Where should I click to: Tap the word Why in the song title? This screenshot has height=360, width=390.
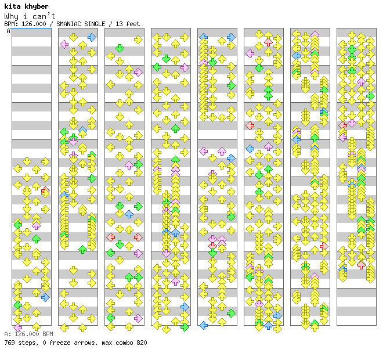click(11, 16)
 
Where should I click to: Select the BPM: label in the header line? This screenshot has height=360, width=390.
click(10, 24)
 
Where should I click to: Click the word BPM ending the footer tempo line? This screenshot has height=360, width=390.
click(47, 334)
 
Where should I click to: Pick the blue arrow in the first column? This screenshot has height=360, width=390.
click(45, 297)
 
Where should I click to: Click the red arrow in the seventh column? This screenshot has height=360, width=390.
click(324, 246)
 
